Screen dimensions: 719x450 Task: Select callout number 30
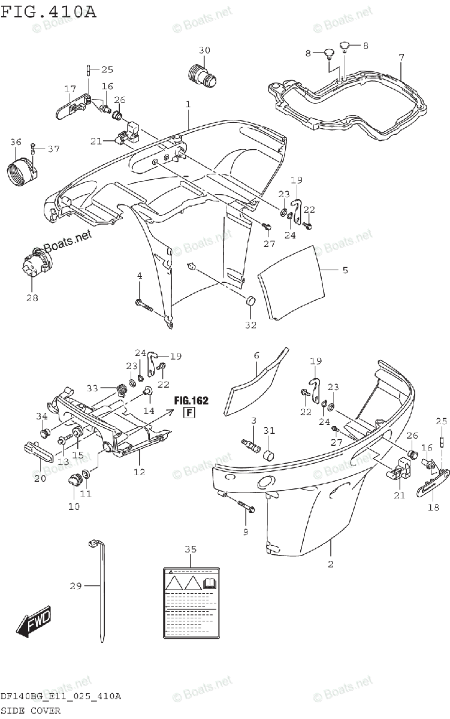(205, 51)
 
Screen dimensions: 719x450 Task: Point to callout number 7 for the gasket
(401, 58)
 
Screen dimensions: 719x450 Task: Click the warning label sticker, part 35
(190, 603)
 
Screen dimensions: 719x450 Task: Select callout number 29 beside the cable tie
(75, 586)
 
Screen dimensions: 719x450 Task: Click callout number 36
(16, 142)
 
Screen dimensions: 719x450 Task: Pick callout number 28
(32, 298)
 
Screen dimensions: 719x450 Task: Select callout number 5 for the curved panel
(345, 270)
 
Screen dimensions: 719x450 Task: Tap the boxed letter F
(188, 412)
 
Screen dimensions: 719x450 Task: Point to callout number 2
(330, 564)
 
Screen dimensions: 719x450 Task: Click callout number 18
(433, 507)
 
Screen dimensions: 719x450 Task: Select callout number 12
(139, 472)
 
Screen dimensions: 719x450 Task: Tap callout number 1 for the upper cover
(188, 104)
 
